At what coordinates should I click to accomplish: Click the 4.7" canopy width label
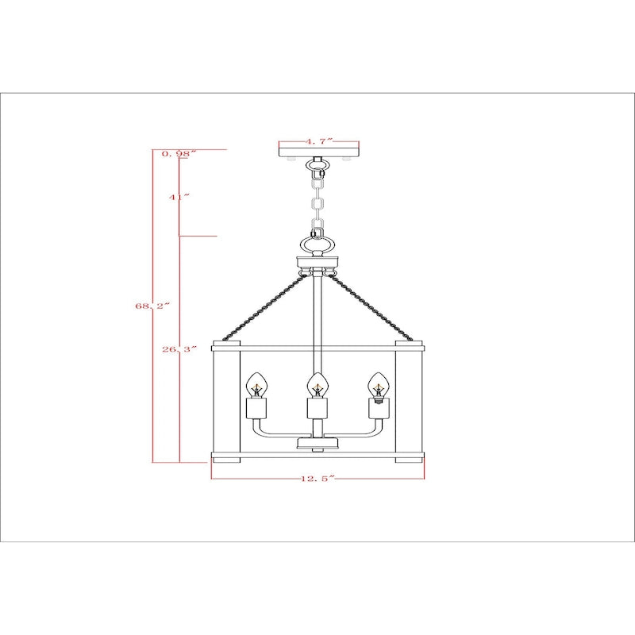(x=319, y=141)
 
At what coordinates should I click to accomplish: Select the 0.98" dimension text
(x=179, y=153)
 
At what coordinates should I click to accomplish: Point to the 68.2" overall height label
(x=152, y=304)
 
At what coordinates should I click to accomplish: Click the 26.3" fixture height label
(x=179, y=348)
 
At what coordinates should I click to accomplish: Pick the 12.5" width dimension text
(x=317, y=478)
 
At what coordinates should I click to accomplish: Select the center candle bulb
(x=317, y=386)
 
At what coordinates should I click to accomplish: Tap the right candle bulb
(x=376, y=386)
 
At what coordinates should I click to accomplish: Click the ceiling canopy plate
(x=319, y=151)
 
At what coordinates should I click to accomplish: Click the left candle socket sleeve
(x=256, y=409)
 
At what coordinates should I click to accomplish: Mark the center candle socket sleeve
(x=317, y=409)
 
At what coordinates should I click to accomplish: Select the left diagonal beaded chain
(x=266, y=306)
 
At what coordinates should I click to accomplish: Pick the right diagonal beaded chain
(x=370, y=306)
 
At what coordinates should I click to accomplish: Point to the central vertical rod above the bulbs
(x=317, y=317)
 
